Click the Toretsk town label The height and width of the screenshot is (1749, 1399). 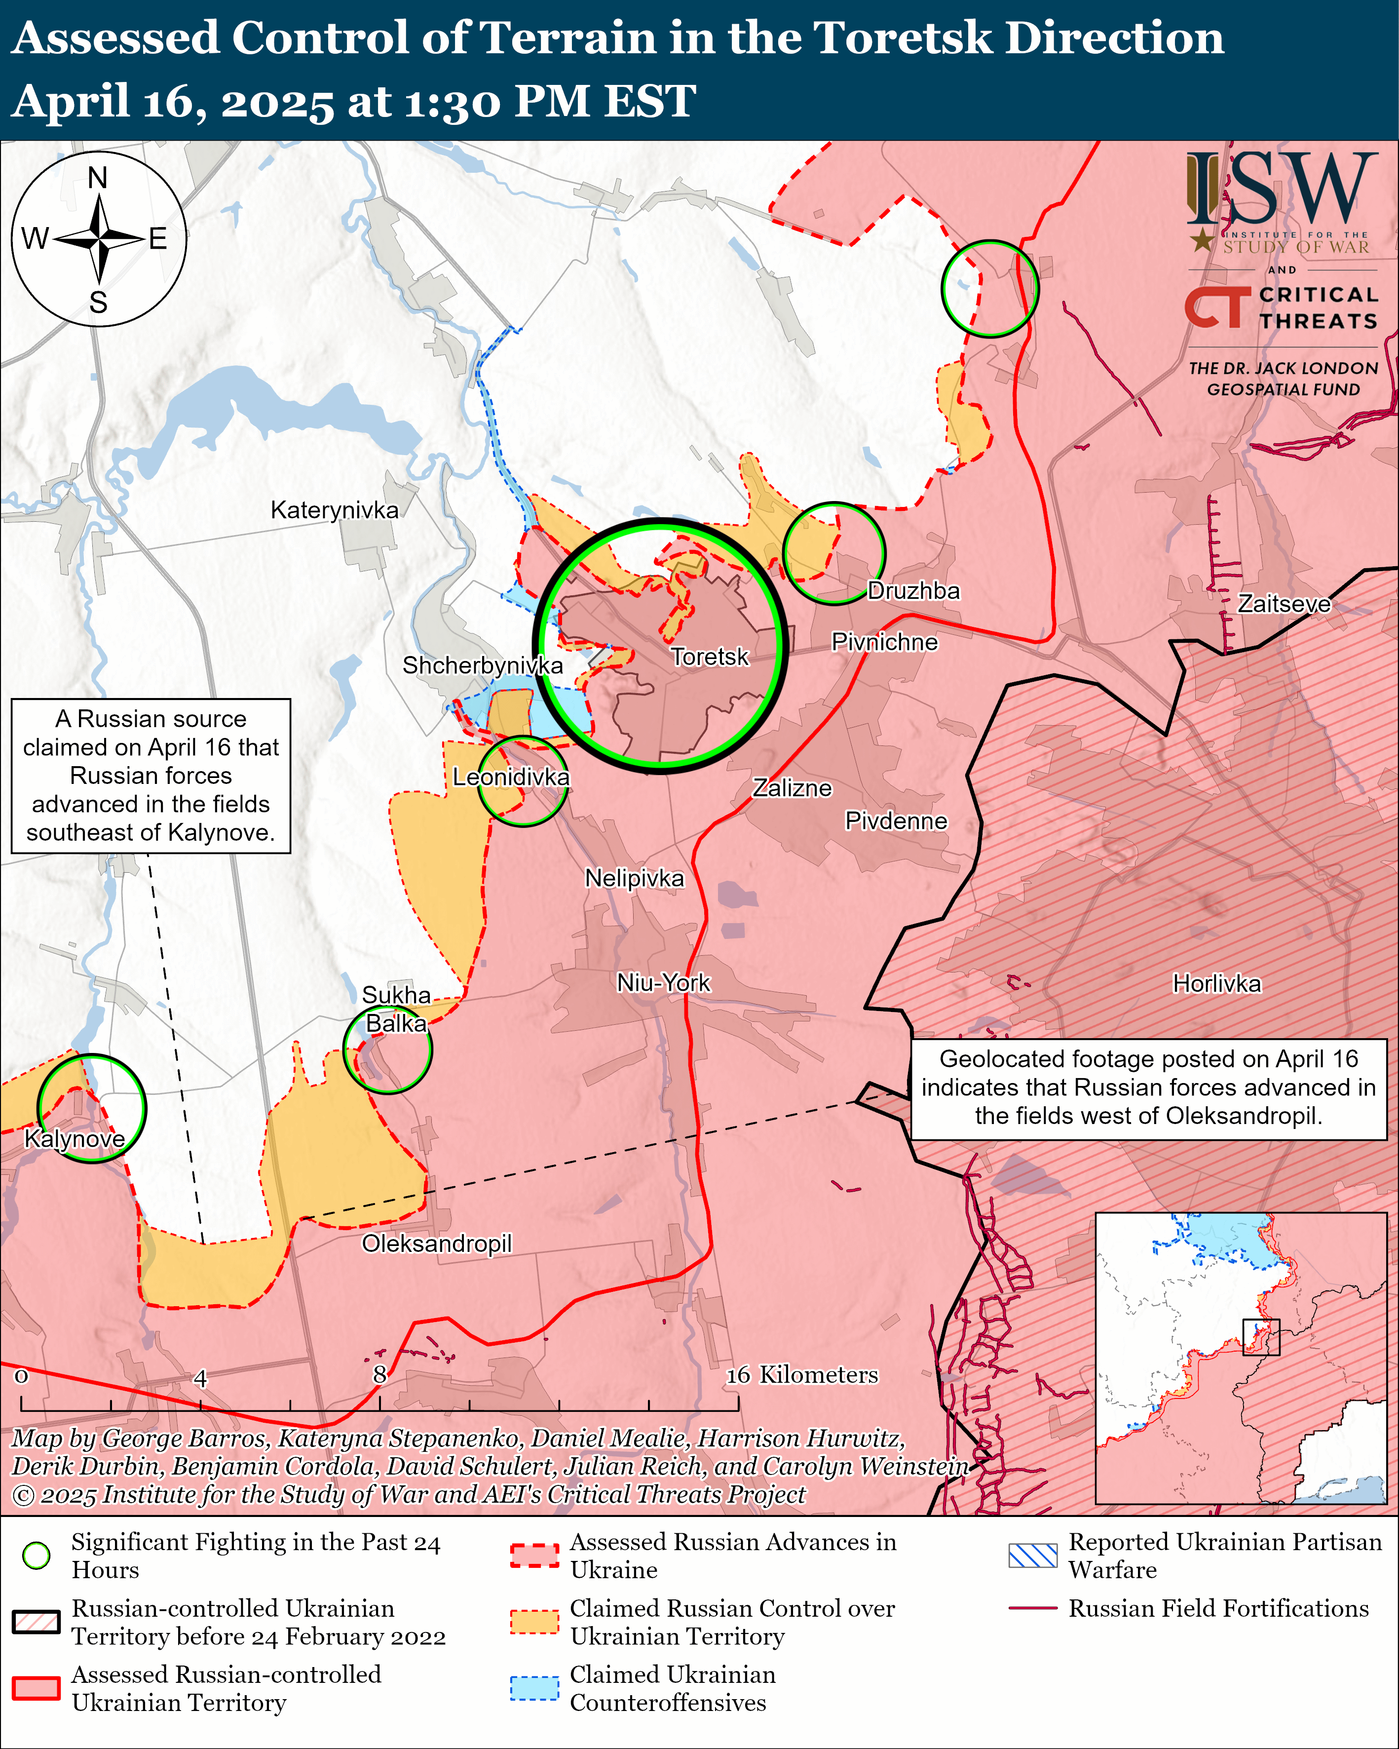point(710,656)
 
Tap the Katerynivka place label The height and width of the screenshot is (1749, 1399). point(334,510)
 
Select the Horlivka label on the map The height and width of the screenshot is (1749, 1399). point(1216,984)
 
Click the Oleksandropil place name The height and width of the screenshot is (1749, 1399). point(436,1244)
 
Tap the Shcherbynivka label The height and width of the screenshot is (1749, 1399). point(483,665)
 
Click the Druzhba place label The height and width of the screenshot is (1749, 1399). point(913,590)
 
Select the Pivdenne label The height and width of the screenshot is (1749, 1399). point(896,821)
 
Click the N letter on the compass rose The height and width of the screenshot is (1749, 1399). point(98,178)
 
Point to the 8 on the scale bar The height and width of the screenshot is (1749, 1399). point(379,1374)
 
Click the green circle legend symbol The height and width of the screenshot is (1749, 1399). point(37,1555)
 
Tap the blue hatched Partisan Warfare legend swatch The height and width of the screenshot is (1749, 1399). point(1032,1555)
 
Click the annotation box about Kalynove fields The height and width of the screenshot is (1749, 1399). point(151,776)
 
